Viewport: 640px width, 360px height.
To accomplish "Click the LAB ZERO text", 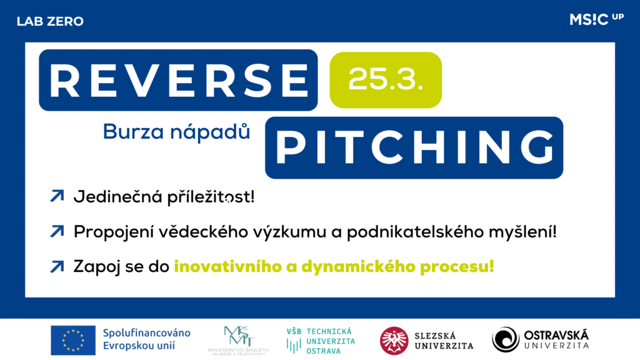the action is [50, 21].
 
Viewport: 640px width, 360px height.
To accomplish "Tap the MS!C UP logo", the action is [596, 19].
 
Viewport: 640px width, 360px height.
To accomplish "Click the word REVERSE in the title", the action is [178, 80].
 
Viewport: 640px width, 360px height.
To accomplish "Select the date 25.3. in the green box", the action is [385, 79].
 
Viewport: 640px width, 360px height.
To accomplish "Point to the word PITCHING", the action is [414, 147].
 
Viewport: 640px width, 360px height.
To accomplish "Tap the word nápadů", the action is [210, 132].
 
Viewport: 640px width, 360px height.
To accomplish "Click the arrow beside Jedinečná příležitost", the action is [57, 196].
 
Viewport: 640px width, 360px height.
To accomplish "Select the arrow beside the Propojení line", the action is [57, 231].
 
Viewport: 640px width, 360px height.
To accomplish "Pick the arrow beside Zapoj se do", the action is [57, 266].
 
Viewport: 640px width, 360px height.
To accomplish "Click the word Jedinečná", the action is [118, 197].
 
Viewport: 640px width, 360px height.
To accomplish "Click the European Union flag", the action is [73, 341].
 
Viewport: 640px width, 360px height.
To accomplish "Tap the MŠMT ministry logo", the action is [239, 341].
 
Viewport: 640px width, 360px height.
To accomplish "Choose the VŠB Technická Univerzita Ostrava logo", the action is [321, 341].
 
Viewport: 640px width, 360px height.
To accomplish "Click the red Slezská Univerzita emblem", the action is [394, 341].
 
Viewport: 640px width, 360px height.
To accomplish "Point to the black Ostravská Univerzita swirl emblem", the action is [506, 339].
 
